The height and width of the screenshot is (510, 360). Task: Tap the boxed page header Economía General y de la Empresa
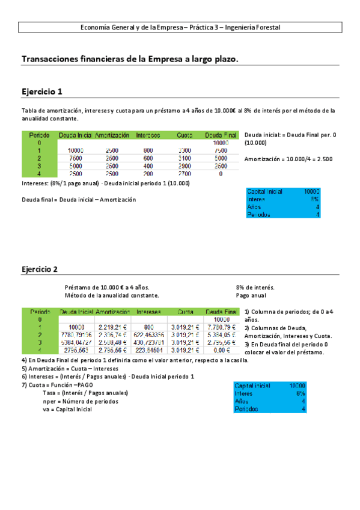pos(180,27)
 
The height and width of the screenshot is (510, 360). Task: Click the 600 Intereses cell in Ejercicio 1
pos(148,158)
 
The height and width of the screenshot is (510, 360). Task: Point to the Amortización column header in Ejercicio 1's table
pos(112,135)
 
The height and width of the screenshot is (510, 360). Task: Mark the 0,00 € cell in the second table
pos(221,351)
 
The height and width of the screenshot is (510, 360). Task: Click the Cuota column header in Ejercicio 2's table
pos(186,312)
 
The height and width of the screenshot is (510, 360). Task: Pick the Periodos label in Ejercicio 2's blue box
pos(248,409)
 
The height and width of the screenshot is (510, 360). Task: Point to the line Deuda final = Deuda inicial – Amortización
pos(79,200)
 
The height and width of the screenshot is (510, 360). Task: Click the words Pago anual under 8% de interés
pos(252,295)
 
